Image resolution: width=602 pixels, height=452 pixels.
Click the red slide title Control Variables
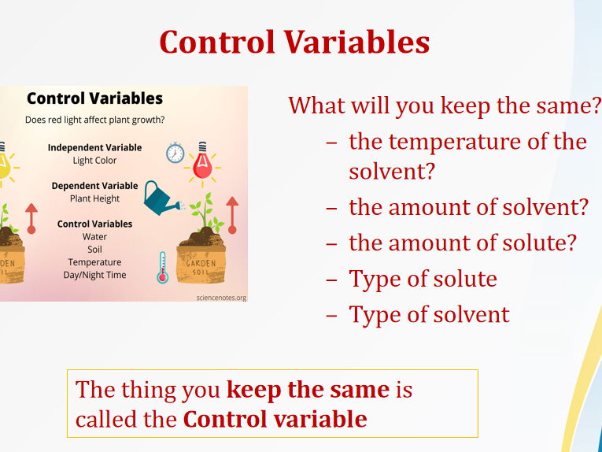(294, 42)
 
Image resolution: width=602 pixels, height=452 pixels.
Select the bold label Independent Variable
(94, 147)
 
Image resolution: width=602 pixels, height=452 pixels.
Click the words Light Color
(94, 161)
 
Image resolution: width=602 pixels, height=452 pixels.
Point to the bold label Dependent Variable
(94, 186)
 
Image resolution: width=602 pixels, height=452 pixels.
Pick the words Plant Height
(94, 198)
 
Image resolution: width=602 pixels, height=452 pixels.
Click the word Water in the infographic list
(94, 236)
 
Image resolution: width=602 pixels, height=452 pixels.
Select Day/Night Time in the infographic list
(94, 275)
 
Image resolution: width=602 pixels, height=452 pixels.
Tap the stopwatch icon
(175, 152)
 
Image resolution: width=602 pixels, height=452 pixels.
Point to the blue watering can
(162, 198)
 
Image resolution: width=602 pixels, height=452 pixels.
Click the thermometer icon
(162, 267)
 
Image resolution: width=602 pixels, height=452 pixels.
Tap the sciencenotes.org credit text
(220, 298)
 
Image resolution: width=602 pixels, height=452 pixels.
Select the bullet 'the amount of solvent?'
(468, 207)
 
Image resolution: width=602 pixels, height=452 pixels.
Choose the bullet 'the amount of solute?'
(462, 243)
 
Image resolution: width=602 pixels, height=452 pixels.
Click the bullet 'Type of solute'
(423, 279)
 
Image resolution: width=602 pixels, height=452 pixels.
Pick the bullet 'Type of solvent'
(429, 314)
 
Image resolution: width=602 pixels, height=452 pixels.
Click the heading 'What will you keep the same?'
(445, 105)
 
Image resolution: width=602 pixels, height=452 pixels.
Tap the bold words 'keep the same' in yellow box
(308, 389)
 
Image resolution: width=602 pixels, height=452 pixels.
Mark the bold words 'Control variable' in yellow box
(275, 419)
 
